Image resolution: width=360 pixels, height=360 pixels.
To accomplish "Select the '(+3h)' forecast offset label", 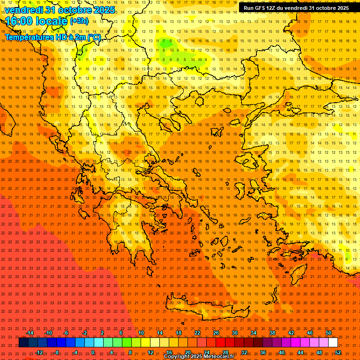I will [79, 21].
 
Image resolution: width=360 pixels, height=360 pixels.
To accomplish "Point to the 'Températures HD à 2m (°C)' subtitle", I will [53, 37].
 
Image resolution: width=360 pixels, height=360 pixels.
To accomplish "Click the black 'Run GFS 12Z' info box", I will [296, 8].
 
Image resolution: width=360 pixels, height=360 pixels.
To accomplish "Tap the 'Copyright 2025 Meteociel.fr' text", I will [199, 357].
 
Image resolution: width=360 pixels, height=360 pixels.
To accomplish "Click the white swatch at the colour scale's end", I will [333, 343].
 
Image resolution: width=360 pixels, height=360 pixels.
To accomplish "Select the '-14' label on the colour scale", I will [29, 333].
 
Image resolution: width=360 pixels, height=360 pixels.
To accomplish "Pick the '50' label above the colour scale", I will [329, 333].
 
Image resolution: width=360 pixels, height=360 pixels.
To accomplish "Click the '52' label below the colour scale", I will [338, 352].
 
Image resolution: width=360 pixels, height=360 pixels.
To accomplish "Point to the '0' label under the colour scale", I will [93, 352].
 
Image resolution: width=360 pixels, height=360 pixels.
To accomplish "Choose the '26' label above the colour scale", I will [216, 333].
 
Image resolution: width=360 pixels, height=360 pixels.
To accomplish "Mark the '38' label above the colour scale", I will [272, 333].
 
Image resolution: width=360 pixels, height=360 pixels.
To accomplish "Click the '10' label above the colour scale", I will [141, 333].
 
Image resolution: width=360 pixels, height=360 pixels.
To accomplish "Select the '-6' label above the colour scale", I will [66, 333].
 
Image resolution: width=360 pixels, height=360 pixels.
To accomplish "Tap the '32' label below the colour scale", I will [244, 352].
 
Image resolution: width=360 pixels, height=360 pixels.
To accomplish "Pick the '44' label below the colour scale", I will [300, 352].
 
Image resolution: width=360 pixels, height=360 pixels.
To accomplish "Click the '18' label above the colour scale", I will [179, 333].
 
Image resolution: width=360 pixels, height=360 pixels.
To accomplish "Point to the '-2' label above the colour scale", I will [85, 333].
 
